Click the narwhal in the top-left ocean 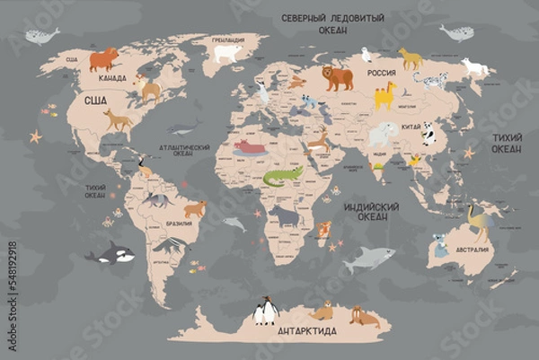(x=41, y=36)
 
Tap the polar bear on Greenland (x=227, y=54)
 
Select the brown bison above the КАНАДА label (x=103, y=59)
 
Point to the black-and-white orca (x=111, y=255)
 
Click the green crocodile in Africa (x=282, y=175)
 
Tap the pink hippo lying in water (x=250, y=146)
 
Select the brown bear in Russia (x=338, y=78)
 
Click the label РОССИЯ (x=382, y=73)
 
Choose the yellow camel (x=384, y=94)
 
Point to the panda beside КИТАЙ (x=429, y=134)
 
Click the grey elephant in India (x=383, y=135)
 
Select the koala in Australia (x=440, y=245)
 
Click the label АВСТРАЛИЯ (x=473, y=250)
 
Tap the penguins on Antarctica (x=265, y=311)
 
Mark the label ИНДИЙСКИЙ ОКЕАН (x=365, y=211)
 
